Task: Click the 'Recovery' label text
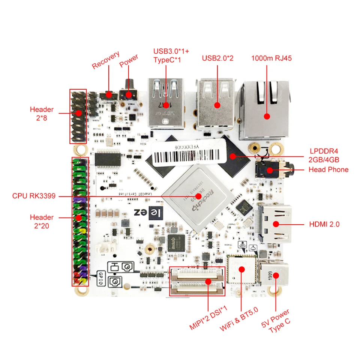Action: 106,60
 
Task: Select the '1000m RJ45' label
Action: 271,58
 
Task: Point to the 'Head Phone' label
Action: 328,169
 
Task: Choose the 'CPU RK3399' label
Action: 34,196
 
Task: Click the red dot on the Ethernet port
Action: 267,116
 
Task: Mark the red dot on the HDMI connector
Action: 276,224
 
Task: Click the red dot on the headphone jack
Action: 269,171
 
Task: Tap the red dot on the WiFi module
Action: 242,269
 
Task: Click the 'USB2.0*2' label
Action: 217,58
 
